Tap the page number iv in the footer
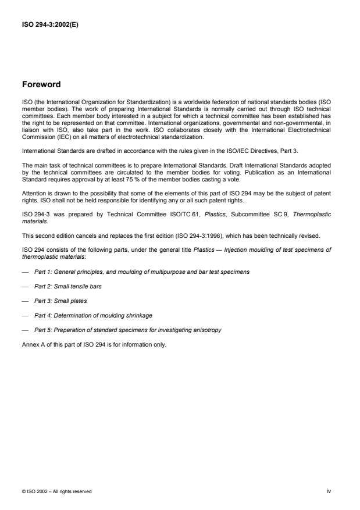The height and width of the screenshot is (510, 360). coord(329,491)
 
